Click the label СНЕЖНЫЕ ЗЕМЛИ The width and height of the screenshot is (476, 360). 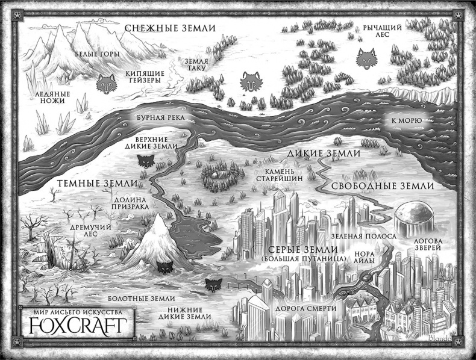point(167,28)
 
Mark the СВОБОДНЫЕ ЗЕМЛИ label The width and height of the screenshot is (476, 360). point(381,185)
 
